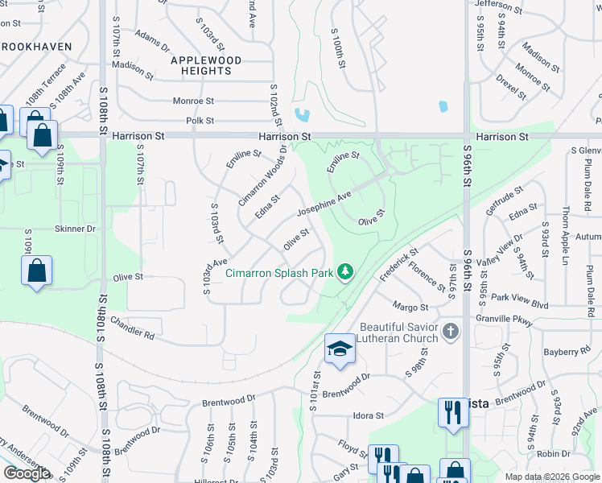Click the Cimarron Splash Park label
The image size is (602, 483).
click(x=278, y=273)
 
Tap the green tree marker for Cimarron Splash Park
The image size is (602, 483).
click(x=345, y=272)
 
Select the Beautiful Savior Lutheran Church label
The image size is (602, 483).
click(x=399, y=332)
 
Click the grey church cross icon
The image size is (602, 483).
click(x=451, y=331)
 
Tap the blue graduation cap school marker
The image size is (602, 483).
click(x=340, y=349)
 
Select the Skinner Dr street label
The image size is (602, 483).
click(x=75, y=229)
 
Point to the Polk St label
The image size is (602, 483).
click(x=200, y=121)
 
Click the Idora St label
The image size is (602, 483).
click(x=369, y=415)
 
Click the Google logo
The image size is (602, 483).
click(x=27, y=473)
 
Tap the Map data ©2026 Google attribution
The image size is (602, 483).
click(x=551, y=477)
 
